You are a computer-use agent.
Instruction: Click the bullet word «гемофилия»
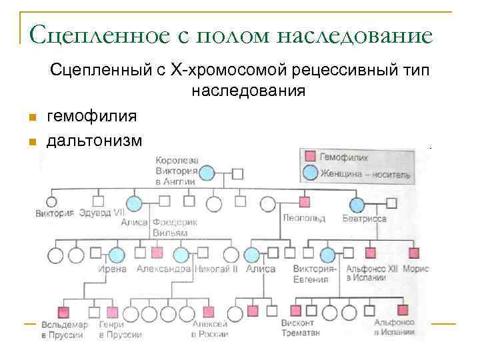coord(92,117)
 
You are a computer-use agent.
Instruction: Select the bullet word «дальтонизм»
coord(95,141)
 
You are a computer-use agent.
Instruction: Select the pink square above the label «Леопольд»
coord(305,202)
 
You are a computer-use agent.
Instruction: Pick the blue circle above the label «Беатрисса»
coord(357,205)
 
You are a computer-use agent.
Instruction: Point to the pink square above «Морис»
coord(414,253)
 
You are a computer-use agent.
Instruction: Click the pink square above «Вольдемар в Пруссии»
coord(64,311)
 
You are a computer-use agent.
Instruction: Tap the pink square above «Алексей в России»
coord(209,311)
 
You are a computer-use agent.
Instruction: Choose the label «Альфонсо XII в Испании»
coord(366,273)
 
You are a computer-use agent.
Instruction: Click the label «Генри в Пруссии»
coord(117,329)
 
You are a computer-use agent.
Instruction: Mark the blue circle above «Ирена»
coord(117,255)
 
